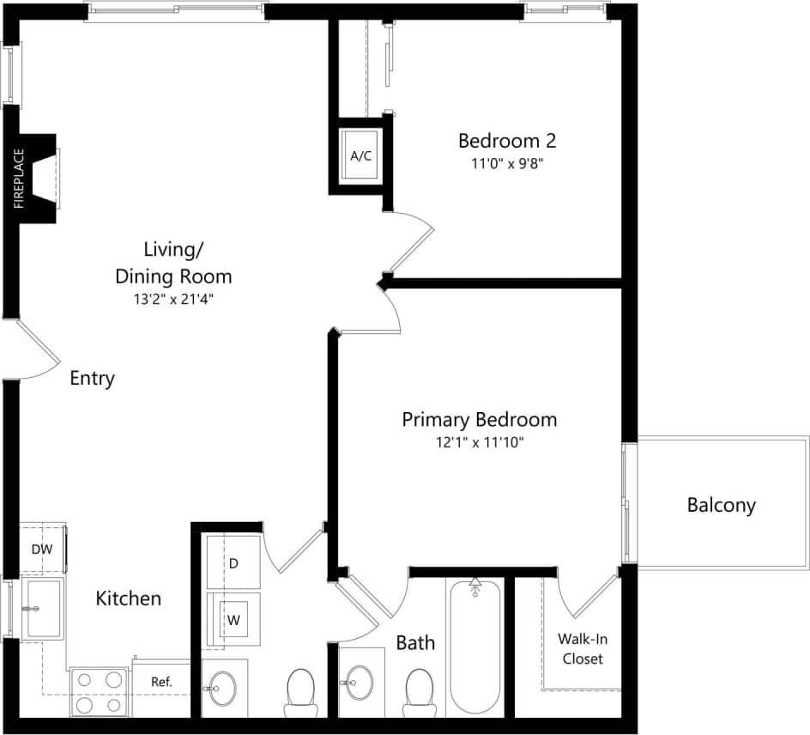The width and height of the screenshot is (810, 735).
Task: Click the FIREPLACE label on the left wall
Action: point(19,179)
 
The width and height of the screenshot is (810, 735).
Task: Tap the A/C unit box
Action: point(360,155)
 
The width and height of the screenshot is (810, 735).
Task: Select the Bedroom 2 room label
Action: point(501,141)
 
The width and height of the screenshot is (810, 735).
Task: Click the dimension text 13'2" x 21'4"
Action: point(174,300)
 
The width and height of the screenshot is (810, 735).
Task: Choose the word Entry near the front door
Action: point(92,379)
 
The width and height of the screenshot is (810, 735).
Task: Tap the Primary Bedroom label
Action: point(479,420)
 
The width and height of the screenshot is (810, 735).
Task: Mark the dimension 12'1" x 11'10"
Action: point(479,443)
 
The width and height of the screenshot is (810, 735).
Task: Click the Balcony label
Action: point(721,505)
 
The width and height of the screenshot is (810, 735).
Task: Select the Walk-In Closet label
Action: point(581,648)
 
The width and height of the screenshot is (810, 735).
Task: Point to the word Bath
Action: point(415,642)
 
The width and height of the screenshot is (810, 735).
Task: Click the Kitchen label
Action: point(128,598)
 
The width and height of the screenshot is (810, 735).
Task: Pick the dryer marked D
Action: point(233,563)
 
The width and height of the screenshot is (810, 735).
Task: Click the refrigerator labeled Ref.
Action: point(160,683)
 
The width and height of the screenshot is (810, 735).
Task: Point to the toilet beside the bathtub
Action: point(419,692)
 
